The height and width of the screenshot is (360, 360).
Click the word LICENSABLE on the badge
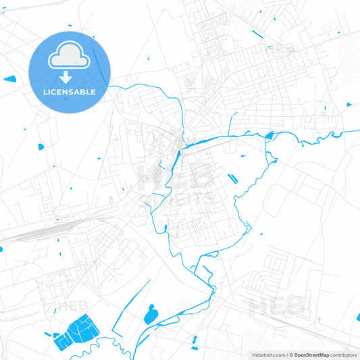coord(70,91)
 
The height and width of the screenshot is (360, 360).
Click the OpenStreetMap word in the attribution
coord(311,355)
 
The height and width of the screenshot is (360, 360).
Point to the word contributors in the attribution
coord(343,355)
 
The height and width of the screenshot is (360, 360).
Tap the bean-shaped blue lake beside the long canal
coord(151,313)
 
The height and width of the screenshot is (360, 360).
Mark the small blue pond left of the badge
coord(9,80)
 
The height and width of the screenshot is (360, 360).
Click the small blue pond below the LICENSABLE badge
coord(41,146)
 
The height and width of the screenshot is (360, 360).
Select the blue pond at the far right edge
coord(349,105)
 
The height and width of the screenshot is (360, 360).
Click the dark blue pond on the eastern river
coord(269,136)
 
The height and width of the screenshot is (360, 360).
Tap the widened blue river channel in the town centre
coord(178,161)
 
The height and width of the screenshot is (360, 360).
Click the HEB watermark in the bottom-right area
coord(277,306)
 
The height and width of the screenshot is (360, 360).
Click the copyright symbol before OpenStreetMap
coord(291,355)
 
